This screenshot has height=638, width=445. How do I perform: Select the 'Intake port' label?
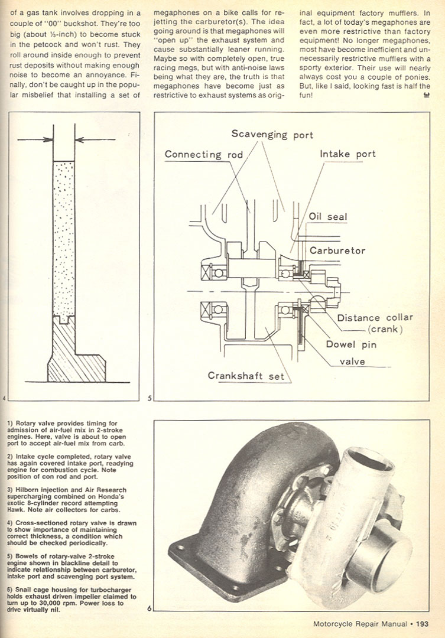pos(347,154)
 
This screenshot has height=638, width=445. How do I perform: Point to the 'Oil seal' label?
pos(328,217)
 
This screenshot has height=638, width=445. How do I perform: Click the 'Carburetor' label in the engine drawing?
pos(337,250)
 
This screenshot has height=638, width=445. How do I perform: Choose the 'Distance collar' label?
pos(375,317)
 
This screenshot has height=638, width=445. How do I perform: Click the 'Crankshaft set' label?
pos(245,376)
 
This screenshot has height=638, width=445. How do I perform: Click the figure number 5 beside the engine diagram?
pos(150,399)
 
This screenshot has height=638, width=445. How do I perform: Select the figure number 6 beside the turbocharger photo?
pos(150,608)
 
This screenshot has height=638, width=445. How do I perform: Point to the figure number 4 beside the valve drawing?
pos(4,399)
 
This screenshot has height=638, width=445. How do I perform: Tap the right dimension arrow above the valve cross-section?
pos(92,140)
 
